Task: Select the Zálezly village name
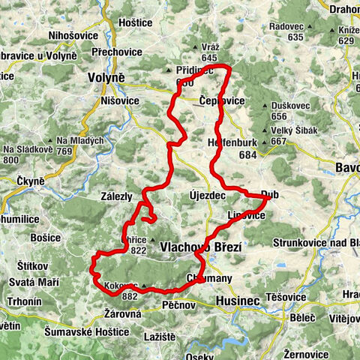click(x=116, y=196)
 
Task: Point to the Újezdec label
click(x=208, y=195)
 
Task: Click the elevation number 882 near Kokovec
click(x=129, y=296)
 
